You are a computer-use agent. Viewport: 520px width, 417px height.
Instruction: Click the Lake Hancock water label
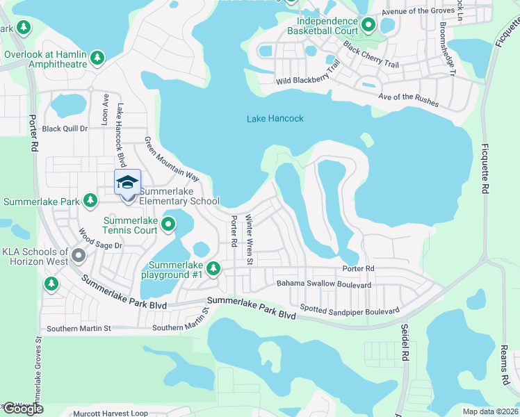click(275, 119)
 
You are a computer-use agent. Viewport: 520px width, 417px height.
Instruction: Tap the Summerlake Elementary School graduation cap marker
click(127, 183)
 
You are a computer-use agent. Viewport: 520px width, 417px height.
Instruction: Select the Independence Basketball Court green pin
click(368, 26)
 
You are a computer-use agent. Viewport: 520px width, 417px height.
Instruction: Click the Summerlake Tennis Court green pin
click(168, 224)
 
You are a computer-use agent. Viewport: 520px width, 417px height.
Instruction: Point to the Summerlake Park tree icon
click(90, 201)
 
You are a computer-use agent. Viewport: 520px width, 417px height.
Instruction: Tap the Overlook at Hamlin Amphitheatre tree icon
click(98, 56)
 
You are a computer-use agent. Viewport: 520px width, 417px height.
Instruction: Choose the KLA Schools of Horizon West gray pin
click(79, 256)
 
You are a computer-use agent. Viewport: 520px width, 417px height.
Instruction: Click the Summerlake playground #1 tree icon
click(213, 268)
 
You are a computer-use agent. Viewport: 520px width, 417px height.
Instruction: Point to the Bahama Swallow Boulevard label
click(324, 284)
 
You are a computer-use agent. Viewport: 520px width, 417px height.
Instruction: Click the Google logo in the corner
click(22, 409)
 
